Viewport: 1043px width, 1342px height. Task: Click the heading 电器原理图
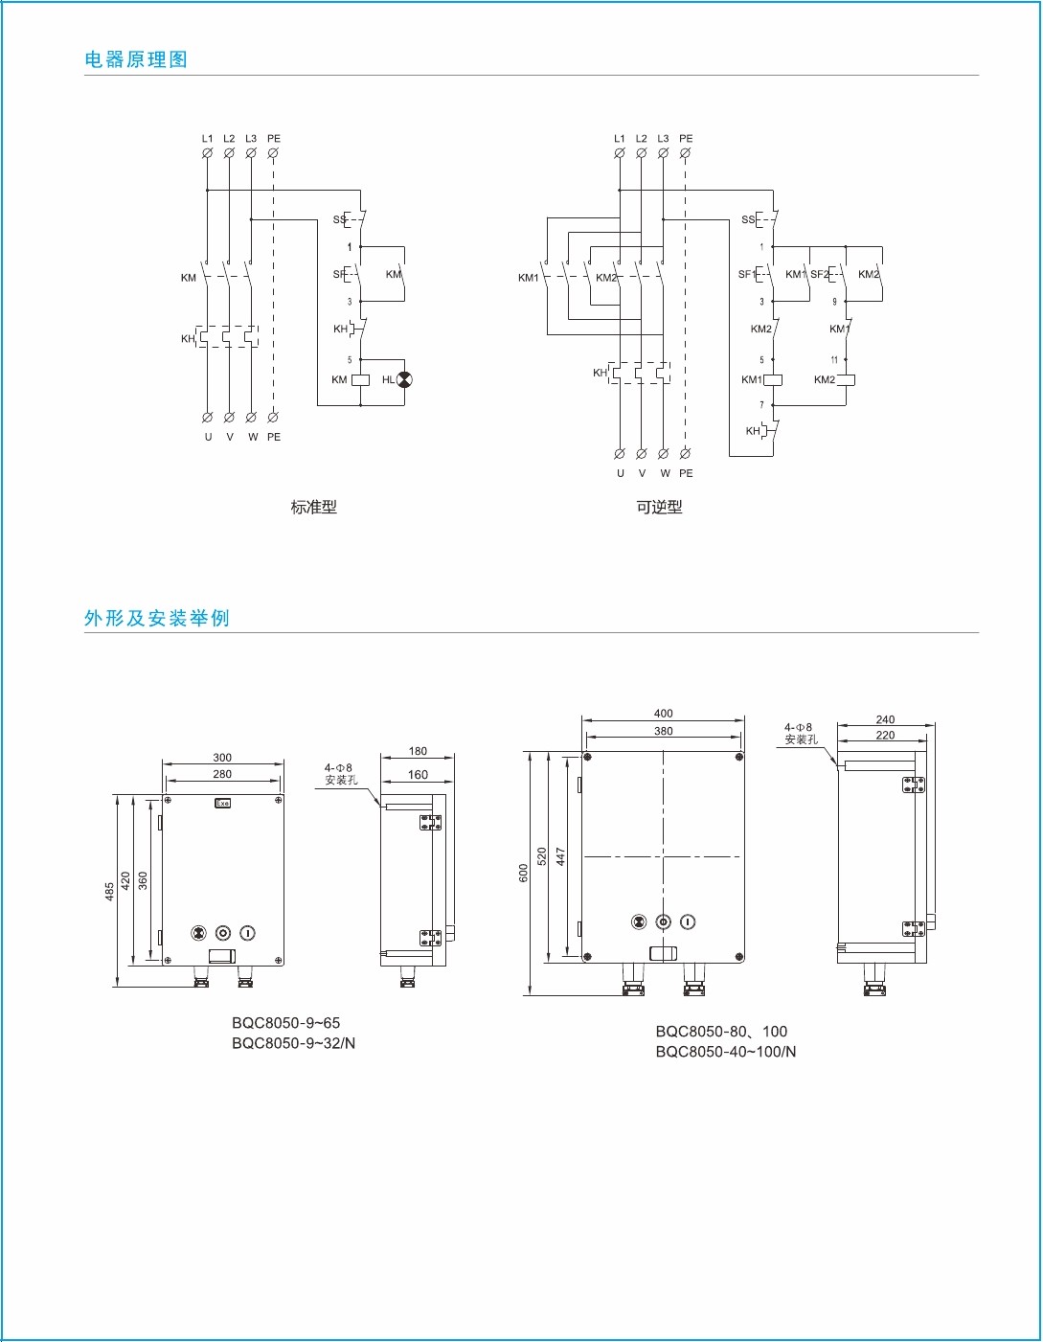[136, 59]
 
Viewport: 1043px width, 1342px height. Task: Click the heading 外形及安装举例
[157, 618]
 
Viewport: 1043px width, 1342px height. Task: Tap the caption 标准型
[314, 507]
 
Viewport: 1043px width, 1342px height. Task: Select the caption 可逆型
[659, 507]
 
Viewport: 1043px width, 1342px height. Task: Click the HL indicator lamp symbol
[404, 379]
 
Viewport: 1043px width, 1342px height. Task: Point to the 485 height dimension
[110, 891]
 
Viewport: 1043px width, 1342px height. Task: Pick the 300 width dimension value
[222, 757]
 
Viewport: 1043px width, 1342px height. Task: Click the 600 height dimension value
[524, 873]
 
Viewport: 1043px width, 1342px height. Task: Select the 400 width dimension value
[663, 713]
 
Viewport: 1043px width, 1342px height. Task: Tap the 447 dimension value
[561, 855]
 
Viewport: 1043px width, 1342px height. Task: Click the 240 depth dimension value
[885, 719]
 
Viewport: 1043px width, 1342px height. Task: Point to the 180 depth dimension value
[418, 751]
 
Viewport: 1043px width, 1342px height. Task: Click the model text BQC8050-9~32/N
[293, 1043]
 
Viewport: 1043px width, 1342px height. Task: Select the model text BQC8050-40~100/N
[726, 1052]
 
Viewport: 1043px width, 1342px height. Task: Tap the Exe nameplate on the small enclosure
[222, 803]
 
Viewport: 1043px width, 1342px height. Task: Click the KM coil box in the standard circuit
[361, 379]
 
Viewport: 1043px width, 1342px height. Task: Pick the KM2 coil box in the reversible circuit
[846, 379]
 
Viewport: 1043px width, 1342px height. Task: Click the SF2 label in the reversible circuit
[819, 274]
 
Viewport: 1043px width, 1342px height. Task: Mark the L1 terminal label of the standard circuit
[207, 139]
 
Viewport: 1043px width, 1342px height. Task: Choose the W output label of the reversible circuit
[665, 473]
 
